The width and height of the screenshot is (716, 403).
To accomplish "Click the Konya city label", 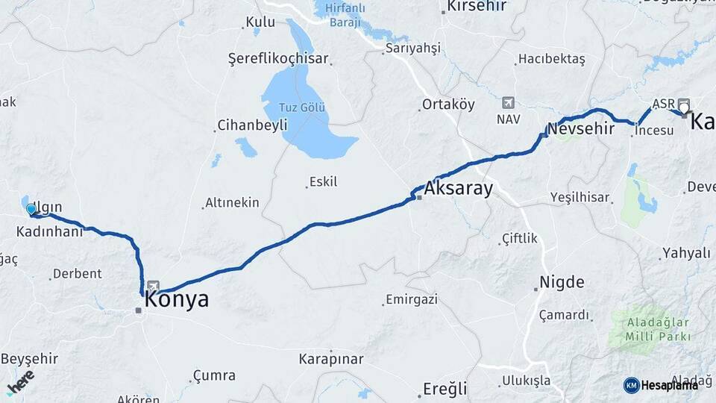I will [x=176, y=300].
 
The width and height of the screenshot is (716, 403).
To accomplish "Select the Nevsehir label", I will [x=581, y=128].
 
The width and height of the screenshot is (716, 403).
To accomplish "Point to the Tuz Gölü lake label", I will [x=303, y=107].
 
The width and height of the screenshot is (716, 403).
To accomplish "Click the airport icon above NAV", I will [x=509, y=102].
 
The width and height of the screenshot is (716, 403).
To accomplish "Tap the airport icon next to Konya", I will [x=154, y=286].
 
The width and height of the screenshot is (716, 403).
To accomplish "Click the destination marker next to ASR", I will [x=683, y=107].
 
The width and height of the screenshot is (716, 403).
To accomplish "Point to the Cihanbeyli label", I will [x=252, y=125].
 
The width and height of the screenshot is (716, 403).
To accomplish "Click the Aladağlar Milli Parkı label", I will [x=648, y=329].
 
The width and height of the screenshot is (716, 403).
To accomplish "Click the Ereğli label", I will [x=445, y=388].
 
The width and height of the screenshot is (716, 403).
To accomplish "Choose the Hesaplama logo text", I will [x=669, y=385].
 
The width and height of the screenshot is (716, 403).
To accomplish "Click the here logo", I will [x=20, y=382].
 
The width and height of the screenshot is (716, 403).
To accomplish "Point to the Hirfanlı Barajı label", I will [x=345, y=15].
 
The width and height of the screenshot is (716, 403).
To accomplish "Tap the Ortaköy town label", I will [x=448, y=104].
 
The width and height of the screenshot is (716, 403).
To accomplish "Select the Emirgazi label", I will [x=411, y=300].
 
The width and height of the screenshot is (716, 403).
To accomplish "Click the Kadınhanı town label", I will [x=49, y=232].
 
